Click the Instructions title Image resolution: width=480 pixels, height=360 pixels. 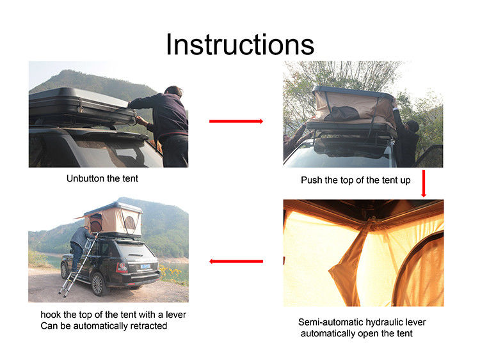(240, 44)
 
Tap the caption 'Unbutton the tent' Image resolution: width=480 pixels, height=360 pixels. (102, 178)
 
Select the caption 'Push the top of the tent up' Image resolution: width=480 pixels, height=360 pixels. (356, 180)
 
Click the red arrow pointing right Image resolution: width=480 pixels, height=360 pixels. (236, 121)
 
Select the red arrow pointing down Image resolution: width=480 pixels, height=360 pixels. (424, 184)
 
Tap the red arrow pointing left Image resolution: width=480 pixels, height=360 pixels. (236, 261)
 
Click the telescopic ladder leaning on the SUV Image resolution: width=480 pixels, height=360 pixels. (79, 265)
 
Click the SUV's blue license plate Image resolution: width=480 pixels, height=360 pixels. (145, 267)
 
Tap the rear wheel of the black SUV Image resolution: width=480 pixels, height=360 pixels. (98, 284)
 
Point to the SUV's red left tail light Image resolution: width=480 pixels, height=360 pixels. (121, 268)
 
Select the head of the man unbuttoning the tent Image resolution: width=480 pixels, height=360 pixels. (173, 91)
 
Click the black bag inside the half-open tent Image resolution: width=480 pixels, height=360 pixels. (342, 113)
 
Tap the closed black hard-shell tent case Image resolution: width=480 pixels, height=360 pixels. (82, 106)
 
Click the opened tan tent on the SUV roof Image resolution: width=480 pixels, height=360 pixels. (113, 219)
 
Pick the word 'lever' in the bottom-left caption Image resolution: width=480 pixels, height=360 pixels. (176, 315)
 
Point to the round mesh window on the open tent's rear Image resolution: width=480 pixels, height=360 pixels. (130, 223)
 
